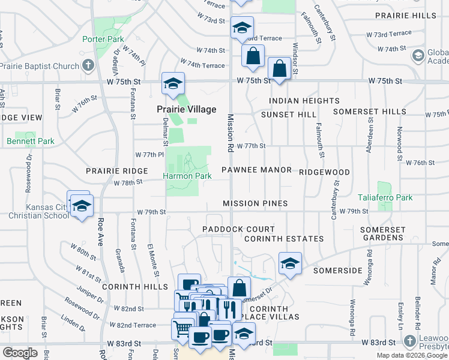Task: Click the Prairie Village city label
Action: point(186,110)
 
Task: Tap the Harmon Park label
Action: point(187,176)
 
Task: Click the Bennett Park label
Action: point(31,142)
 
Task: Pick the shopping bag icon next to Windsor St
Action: point(280,68)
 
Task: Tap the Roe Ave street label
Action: point(100,231)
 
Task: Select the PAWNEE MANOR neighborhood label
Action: point(256,170)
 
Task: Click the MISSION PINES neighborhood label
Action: point(255,204)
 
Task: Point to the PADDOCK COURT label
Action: point(238,229)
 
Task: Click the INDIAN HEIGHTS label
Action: point(304,101)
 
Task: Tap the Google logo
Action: point(20,353)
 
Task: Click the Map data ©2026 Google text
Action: point(412,355)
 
